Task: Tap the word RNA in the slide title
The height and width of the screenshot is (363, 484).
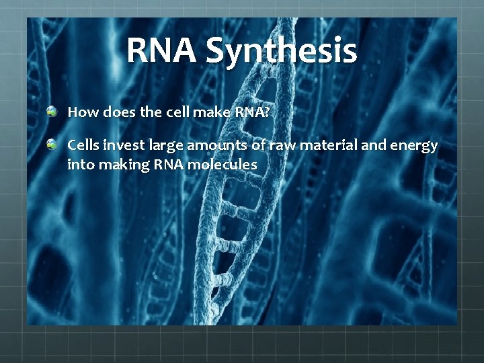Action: (163, 50)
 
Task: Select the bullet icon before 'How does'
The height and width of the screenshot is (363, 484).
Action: (52, 112)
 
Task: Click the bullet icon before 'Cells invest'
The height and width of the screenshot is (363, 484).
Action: (52, 145)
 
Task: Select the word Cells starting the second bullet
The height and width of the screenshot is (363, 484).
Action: (83, 145)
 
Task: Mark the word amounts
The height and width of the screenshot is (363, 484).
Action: (211, 145)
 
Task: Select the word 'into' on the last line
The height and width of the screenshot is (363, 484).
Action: (79, 163)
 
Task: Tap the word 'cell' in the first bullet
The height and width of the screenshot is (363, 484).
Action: (173, 112)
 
